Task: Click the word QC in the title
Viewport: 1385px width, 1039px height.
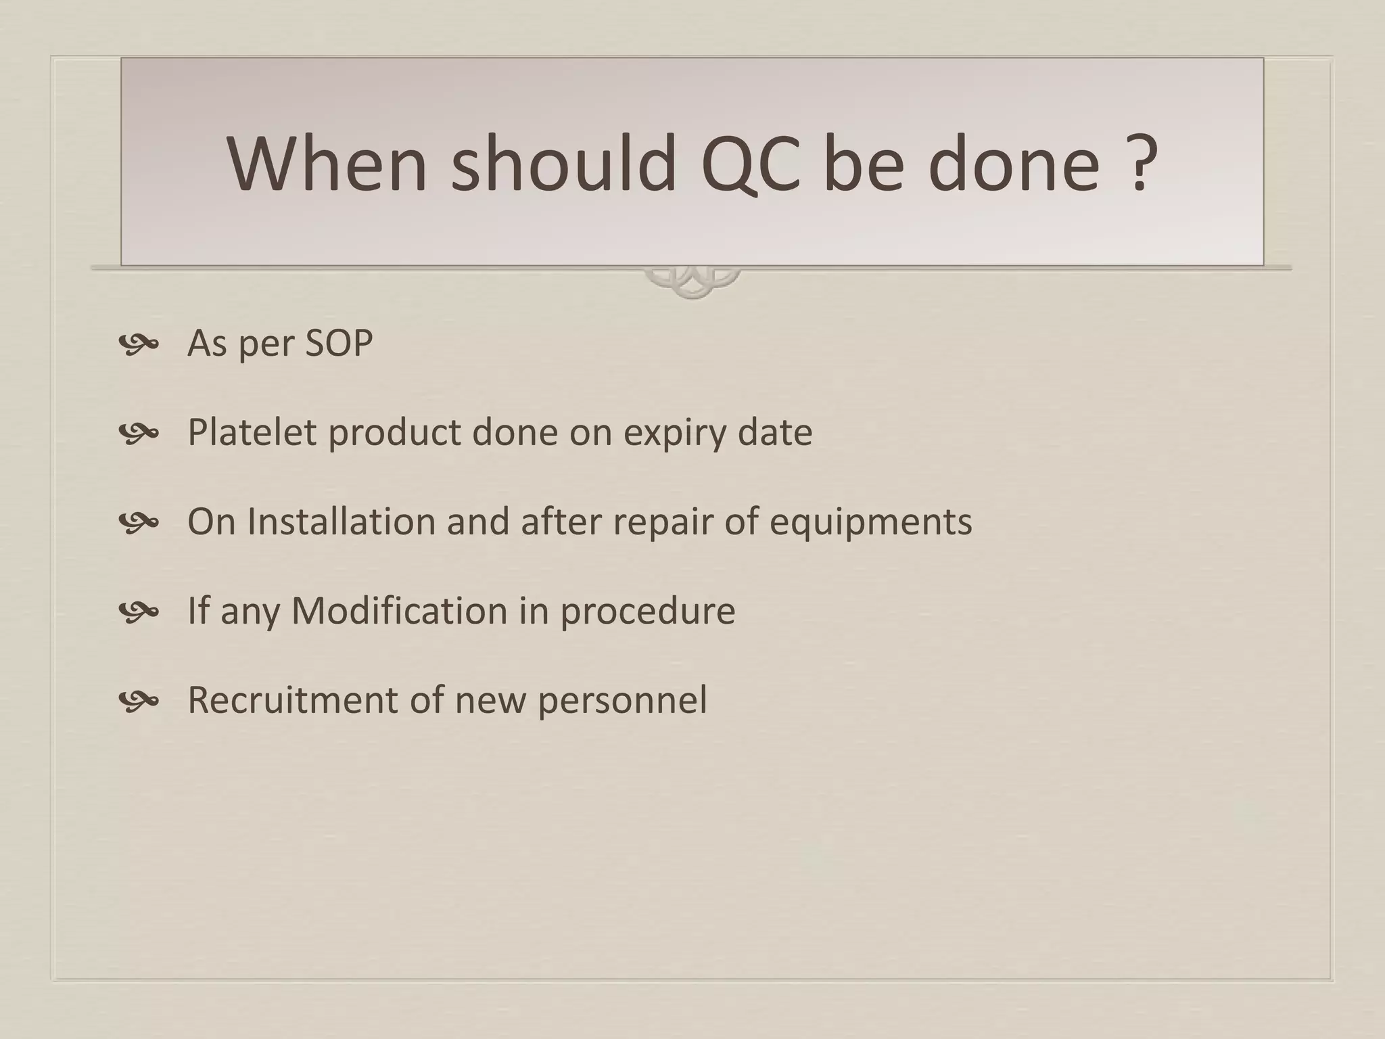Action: click(x=751, y=164)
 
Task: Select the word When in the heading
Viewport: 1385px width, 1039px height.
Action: click(x=327, y=164)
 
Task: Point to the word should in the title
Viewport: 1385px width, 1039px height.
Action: click(x=563, y=164)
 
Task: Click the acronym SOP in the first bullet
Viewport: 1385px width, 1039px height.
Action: click(x=339, y=343)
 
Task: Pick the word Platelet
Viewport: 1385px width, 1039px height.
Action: click(x=252, y=432)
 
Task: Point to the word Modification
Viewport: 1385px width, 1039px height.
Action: click(x=399, y=611)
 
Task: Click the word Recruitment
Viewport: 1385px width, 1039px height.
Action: click(x=292, y=700)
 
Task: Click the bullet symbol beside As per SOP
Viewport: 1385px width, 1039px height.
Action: click(x=138, y=344)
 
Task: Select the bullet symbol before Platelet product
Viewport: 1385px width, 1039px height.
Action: click(x=138, y=434)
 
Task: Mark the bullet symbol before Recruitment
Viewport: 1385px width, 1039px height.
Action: click(x=138, y=701)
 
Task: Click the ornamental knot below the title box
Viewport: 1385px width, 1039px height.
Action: click(x=692, y=283)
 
